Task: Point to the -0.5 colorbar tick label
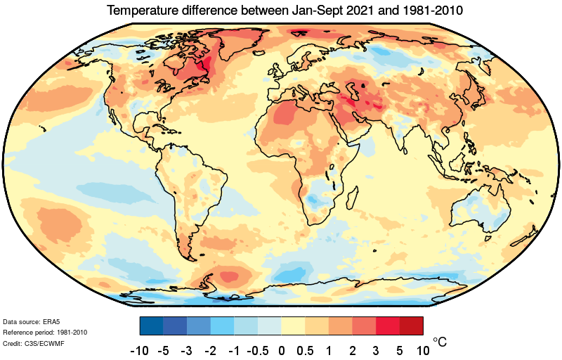pos(258,349)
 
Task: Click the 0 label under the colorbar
pos(282,349)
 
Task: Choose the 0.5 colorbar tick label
pos(305,349)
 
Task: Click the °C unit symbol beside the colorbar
pos(438,342)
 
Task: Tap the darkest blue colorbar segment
pos(151,326)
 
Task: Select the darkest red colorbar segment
pos(411,326)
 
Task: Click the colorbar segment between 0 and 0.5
pos(293,326)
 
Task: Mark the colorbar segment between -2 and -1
pos(222,326)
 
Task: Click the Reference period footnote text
pos(46,332)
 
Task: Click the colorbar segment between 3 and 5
pos(388,326)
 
